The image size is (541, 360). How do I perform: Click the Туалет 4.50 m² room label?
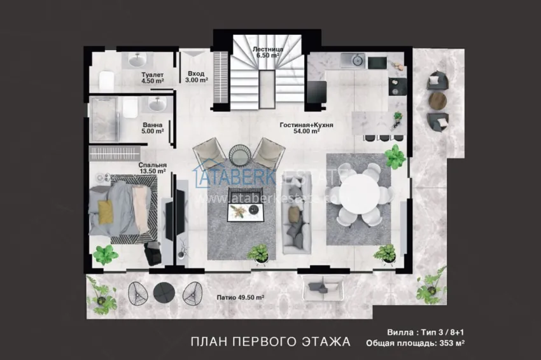pyautogui.click(x=153, y=78)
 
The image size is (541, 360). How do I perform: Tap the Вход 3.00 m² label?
pyautogui.click(x=196, y=77)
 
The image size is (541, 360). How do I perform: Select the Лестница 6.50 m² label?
pyautogui.click(x=267, y=52)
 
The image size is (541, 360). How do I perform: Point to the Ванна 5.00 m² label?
pyautogui.click(x=153, y=128)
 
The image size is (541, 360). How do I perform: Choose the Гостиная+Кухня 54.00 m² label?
pyautogui.click(x=306, y=129)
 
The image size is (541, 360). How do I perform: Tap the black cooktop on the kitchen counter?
pyautogui.click(x=377, y=62)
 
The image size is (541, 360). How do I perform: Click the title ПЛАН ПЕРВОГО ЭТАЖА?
pyautogui.click(x=270, y=342)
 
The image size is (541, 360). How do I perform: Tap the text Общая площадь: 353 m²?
pyautogui.click(x=415, y=344)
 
